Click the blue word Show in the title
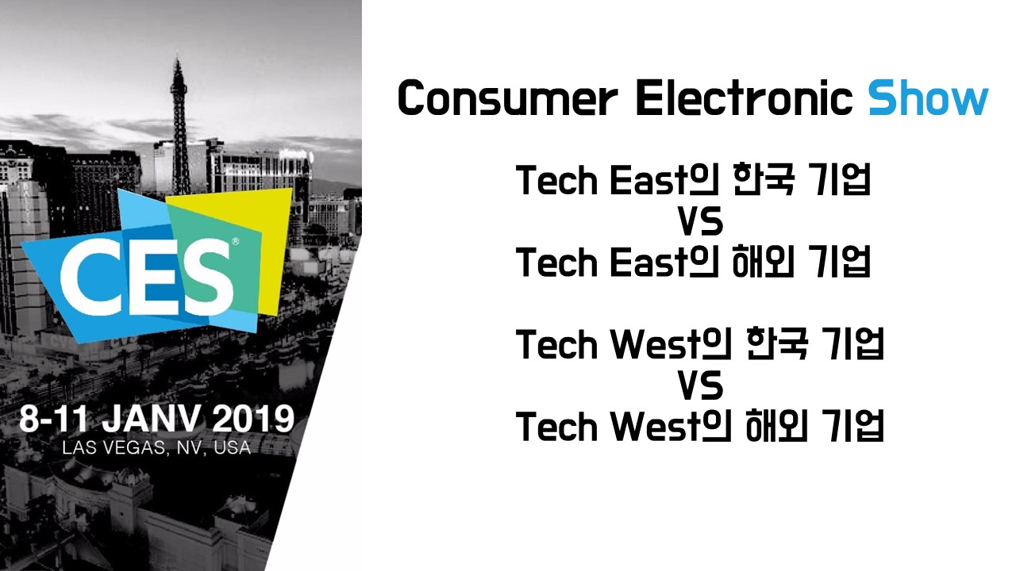[928, 98]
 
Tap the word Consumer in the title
[507, 98]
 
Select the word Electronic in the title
[745, 98]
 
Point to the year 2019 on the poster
[253, 420]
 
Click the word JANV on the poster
[151, 420]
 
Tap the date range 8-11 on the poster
[53, 420]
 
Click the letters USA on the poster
[233, 448]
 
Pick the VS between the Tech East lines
[700, 222]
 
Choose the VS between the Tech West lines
[700, 386]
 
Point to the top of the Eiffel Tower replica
[178, 58]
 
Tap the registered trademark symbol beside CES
[236, 242]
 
